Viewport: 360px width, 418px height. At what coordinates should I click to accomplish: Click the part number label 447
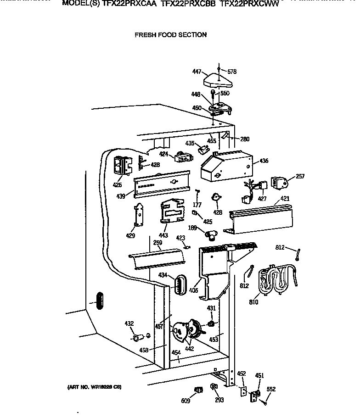(x=197, y=72)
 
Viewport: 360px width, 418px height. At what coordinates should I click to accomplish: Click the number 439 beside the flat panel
(x=121, y=196)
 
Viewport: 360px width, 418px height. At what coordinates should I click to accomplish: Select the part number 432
(x=129, y=324)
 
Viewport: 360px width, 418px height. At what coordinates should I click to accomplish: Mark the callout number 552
(x=271, y=389)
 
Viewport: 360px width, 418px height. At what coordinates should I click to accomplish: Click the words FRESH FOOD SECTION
(x=170, y=35)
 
